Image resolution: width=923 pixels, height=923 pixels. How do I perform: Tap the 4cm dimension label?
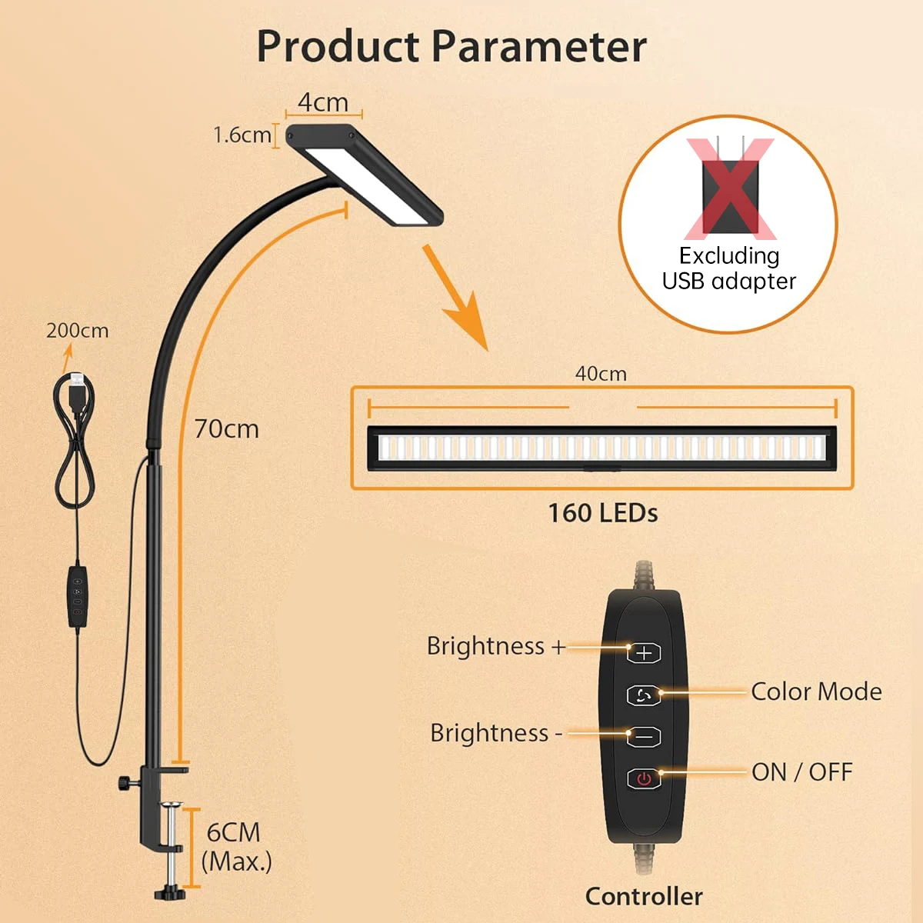click(x=323, y=102)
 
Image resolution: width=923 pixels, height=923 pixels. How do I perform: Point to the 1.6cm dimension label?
click(x=242, y=135)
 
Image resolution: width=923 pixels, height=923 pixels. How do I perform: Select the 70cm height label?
click(x=226, y=428)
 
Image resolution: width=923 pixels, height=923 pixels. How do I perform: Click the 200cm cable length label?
click(x=77, y=330)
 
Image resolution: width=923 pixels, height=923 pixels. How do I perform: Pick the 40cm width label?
click(x=601, y=374)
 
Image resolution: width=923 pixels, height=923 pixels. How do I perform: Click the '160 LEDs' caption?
click(x=602, y=513)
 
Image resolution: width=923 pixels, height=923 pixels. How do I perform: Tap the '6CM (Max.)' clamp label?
click(x=236, y=846)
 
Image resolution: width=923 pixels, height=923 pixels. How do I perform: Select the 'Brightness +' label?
click(x=496, y=646)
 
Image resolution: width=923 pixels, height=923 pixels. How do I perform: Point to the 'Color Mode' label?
click(x=816, y=691)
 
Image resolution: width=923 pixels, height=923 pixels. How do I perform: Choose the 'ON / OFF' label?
click(x=802, y=771)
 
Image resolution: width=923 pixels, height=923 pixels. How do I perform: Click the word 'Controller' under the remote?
click(x=644, y=896)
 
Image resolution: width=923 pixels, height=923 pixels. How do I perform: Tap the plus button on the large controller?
click(x=644, y=653)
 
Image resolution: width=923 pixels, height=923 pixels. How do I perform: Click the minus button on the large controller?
click(x=644, y=737)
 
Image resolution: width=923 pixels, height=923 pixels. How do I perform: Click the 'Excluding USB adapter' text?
click(x=729, y=268)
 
